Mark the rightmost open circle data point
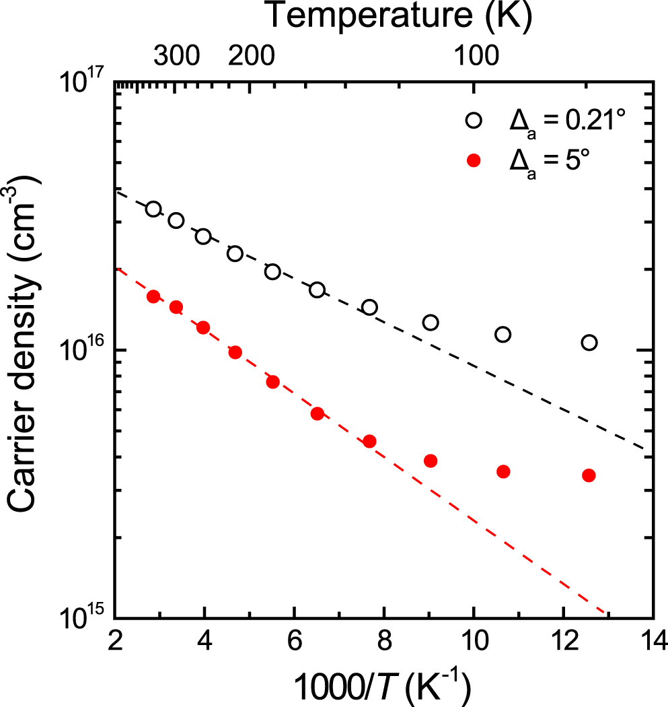pos(589,343)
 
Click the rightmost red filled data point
pos(589,475)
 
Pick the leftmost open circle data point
pos(153,209)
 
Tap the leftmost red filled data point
pos(153,297)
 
